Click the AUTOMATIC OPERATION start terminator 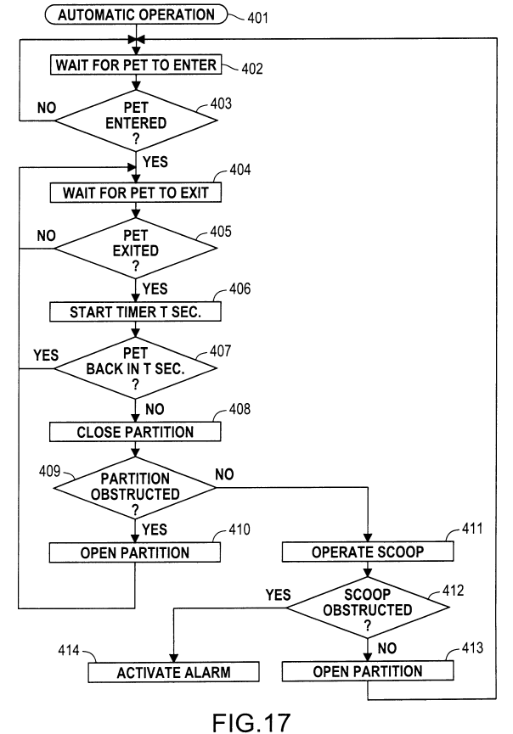tap(134, 14)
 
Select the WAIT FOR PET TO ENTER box tap(136, 64)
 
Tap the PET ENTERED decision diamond tap(136, 121)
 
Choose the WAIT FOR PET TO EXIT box tap(136, 193)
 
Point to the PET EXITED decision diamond tap(136, 249)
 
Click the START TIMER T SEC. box tap(136, 311)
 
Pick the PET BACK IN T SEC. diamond tap(136, 367)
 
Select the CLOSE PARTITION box tap(136, 431)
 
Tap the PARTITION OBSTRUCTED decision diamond tap(136, 487)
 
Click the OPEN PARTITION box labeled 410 tap(136, 552)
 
